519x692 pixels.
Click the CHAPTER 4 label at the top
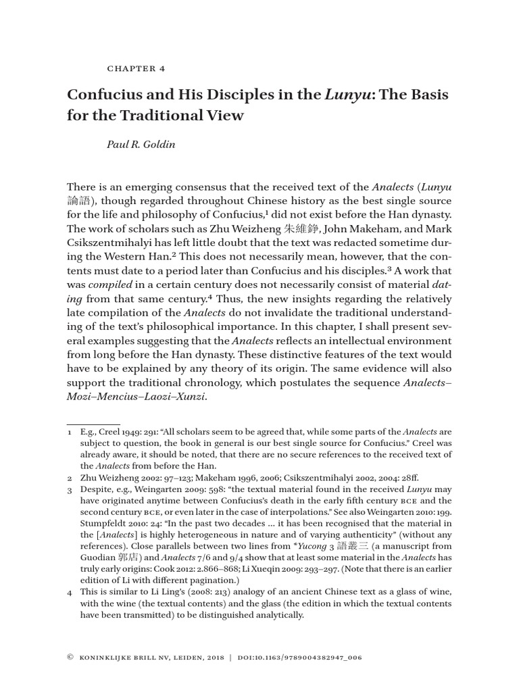pos(136,68)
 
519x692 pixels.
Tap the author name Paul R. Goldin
pos(141,145)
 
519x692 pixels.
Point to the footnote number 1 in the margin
pos(70,432)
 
